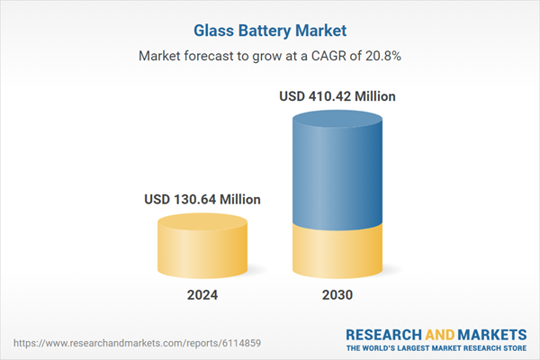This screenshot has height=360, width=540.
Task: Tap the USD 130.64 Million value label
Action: pyautogui.click(x=202, y=199)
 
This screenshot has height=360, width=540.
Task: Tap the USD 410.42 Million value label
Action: pyautogui.click(x=337, y=94)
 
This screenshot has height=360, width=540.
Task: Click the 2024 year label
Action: pyautogui.click(x=202, y=294)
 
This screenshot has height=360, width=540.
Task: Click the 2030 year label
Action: pyautogui.click(x=337, y=294)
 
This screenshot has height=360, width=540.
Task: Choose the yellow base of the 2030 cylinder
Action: pyautogui.click(x=337, y=252)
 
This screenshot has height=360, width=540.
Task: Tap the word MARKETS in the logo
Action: pyautogui.click(x=490, y=332)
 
